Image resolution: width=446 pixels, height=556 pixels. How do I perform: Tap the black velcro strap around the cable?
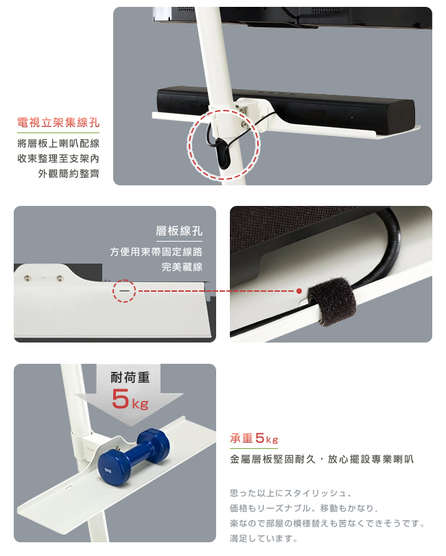[331, 301]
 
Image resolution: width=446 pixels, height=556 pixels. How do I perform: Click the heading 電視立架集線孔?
[58, 123]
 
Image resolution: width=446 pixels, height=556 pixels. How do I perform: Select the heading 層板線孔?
[179, 231]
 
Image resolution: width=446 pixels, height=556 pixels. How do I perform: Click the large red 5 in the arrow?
[120, 399]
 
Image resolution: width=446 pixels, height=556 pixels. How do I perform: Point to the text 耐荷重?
[130, 378]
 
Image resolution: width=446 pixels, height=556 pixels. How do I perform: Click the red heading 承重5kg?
[254, 439]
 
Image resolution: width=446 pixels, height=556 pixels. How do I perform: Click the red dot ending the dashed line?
[299, 291]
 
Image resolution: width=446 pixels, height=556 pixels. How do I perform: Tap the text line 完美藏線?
[182, 266]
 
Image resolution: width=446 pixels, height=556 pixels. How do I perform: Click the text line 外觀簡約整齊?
[69, 174]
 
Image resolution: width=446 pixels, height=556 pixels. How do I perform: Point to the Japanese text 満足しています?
[263, 539]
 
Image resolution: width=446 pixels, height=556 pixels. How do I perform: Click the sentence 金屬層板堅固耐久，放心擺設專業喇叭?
[322, 459]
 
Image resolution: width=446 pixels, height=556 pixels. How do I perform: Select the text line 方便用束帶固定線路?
[156, 252]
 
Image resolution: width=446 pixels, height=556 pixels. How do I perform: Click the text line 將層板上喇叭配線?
[58, 143]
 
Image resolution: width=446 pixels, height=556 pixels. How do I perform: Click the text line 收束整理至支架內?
[58, 159]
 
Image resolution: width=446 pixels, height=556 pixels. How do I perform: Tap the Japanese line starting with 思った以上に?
[291, 494]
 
